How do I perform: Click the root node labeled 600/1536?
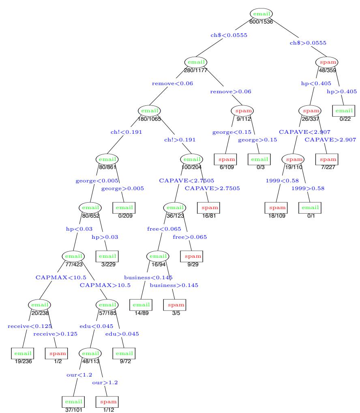click(261, 14)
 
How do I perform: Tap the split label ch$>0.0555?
click(308, 42)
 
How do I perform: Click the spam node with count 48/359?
click(327, 62)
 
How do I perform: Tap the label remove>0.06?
click(231, 92)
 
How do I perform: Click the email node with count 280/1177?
click(196, 62)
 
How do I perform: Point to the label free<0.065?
click(164, 229)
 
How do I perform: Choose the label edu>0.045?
click(122, 334)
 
